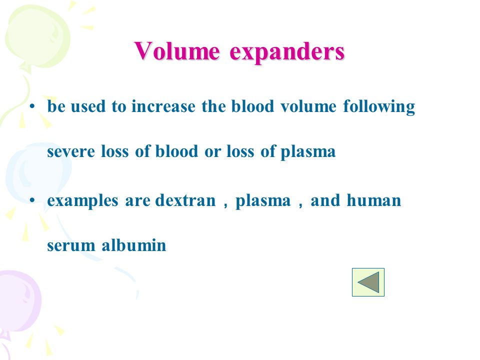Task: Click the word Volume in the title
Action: [177, 51]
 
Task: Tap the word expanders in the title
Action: [287, 52]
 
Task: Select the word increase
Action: [163, 106]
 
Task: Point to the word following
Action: [379, 107]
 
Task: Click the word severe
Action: [71, 152]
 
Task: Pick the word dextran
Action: [185, 200]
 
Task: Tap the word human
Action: [374, 200]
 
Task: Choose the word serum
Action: [71, 246]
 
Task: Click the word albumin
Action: [134, 245]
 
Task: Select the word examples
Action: [82, 201]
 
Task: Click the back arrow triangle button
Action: [368, 282]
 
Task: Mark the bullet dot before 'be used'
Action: [32, 107]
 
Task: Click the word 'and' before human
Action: [325, 200]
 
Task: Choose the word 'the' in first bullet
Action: [213, 106]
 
